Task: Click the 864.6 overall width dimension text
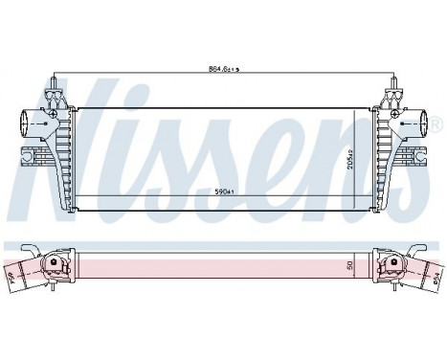(x=224, y=68)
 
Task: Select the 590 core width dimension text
(x=224, y=191)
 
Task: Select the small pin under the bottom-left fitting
(x=56, y=286)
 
